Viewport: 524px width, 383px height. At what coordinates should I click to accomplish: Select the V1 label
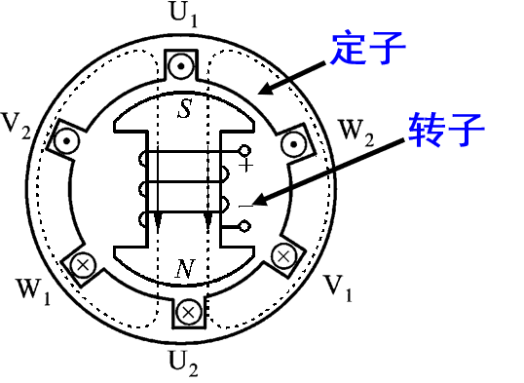337,287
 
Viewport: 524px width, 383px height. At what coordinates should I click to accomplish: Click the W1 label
31,289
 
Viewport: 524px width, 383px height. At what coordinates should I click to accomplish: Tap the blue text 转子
447,130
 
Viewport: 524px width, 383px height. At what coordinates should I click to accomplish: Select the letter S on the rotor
184,109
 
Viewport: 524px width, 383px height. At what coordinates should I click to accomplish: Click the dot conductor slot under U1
183,67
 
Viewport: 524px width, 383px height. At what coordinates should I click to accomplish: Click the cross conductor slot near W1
82,263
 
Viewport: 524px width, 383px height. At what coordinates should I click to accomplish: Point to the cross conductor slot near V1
283,256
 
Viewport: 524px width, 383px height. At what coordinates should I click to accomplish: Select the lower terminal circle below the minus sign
245,226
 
